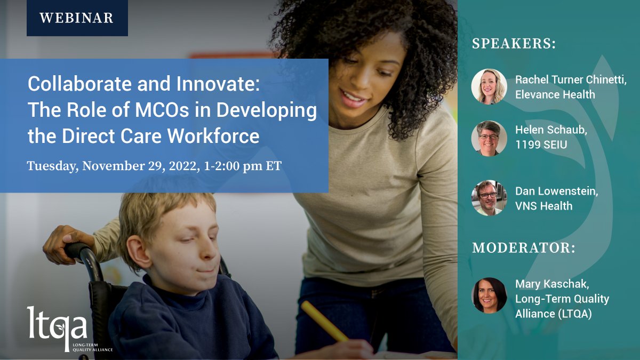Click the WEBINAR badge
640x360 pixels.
77,18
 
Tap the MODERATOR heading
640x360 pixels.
524,249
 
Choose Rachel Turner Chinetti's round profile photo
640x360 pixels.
489,86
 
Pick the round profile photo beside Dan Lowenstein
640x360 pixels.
489,197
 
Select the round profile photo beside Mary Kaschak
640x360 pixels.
489,295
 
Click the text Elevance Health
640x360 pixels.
555,95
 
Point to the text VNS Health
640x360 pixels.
543,205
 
